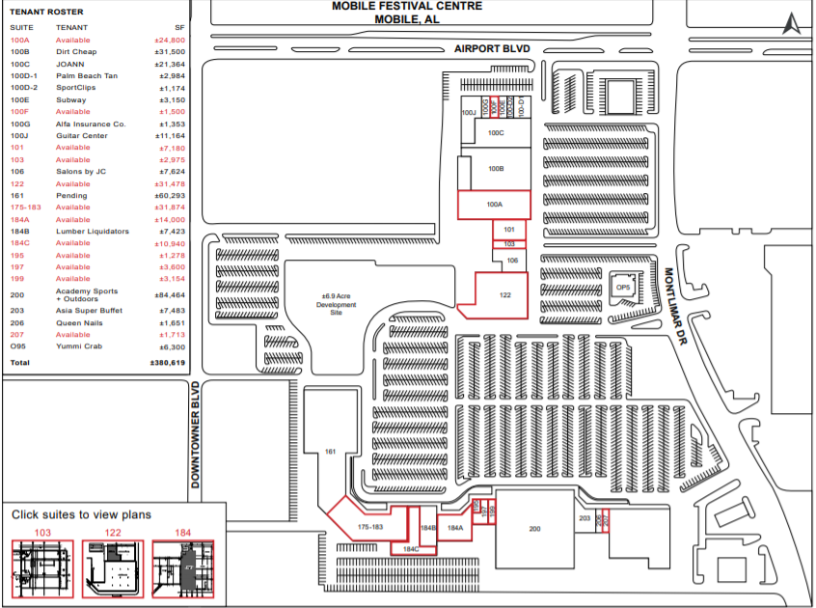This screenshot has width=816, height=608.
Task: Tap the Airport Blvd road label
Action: point(493,49)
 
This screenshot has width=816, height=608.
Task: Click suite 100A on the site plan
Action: point(494,205)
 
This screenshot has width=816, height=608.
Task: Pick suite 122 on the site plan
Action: point(503,295)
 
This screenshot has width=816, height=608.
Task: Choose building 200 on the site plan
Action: point(534,528)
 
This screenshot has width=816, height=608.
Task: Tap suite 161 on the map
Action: point(329,452)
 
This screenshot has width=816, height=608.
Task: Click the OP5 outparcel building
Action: point(623,287)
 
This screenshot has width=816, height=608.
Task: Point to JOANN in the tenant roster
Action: point(71,64)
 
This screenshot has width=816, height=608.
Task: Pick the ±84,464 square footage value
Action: point(170,295)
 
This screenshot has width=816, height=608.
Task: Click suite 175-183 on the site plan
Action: point(369,527)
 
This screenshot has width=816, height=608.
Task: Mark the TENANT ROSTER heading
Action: point(46,12)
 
